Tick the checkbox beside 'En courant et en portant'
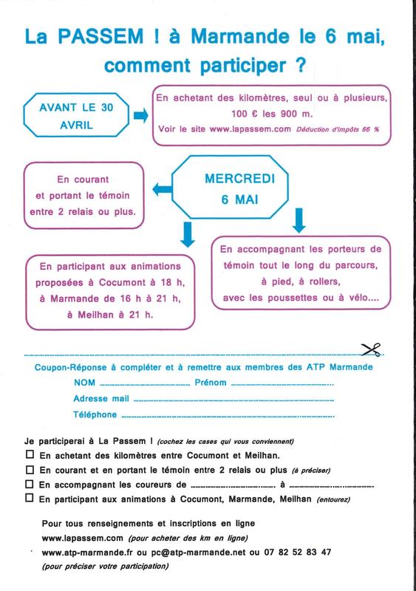(x=30, y=471)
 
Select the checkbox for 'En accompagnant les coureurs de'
(x=30, y=485)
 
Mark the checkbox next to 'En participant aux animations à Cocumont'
(x=30, y=499)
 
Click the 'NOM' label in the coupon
(x=84, y=383)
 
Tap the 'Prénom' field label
(x=211, y=383)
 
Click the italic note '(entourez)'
(x=334, y=499)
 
